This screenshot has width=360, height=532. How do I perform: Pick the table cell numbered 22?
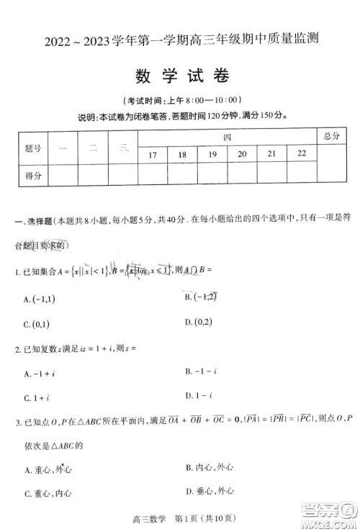(x=301, y=154)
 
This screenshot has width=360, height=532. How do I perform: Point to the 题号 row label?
(x=32, y=148)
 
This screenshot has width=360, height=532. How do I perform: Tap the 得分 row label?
(x=32, y=175)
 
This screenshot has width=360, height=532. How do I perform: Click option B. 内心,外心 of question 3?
(x=208, y=467)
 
